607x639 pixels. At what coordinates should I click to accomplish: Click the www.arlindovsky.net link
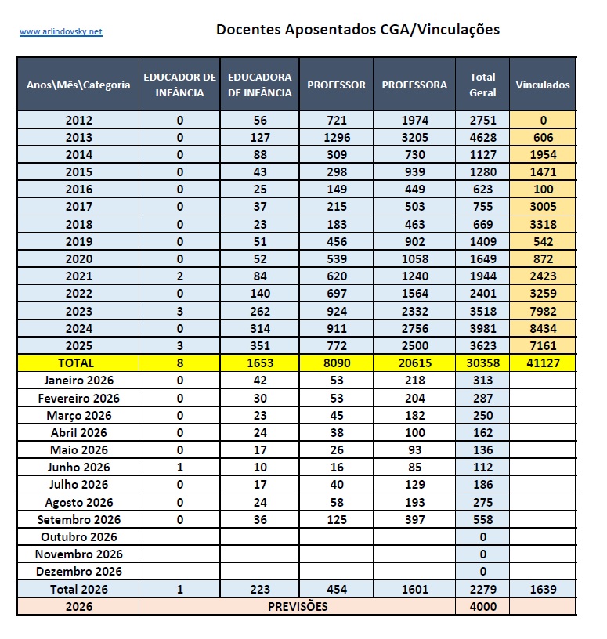click(61, 31)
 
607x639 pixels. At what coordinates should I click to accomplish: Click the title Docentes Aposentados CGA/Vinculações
click(357, 29)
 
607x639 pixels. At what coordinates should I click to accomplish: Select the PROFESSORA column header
click(414, 85)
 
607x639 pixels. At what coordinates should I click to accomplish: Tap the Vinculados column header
click(543, 85)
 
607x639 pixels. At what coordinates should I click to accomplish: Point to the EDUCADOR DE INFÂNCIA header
click(180, 85)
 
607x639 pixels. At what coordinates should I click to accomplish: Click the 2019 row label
click(79, 242)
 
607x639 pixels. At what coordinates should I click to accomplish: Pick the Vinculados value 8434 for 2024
click(543, 328)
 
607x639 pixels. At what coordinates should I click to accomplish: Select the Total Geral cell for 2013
click(482, 137)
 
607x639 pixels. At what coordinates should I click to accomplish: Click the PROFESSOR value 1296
click(337, 137)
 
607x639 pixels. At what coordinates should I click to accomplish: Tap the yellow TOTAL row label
click(76, 363)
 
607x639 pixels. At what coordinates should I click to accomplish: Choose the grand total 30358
click(482, 363)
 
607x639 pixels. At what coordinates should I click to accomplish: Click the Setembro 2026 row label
click(79, 520)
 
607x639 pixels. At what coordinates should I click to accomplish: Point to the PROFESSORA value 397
click(414, 520)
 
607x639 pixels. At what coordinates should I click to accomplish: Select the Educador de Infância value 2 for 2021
click(180, 276)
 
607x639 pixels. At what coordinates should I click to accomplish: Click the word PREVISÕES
click(298, 606)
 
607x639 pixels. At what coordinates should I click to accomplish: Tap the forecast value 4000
click(482, 606)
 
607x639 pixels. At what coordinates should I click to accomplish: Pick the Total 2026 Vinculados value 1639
click(543, 590)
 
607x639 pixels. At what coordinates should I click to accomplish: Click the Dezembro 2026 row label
click(79, 572)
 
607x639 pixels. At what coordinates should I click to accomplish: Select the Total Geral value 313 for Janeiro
click(482, 381)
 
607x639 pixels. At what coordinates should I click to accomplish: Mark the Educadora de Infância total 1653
click(260, 363)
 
